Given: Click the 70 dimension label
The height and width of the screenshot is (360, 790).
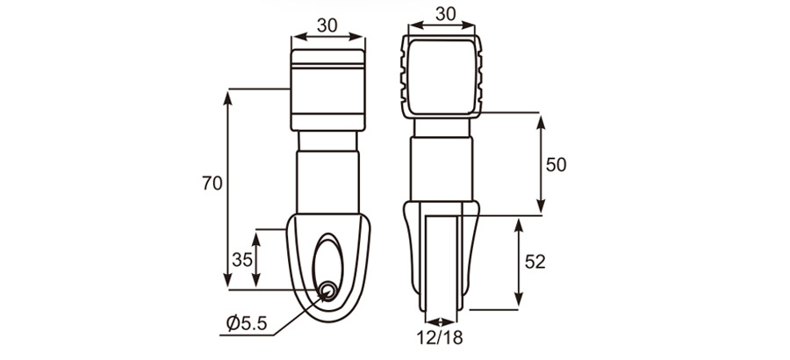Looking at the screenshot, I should (x=212, y=184).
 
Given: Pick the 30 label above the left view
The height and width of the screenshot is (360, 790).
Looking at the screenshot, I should (x=327, y=25).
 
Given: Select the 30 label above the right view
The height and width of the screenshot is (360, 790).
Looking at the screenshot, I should (x=446, y=15).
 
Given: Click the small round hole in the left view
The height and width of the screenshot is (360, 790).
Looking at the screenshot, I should (x=328, y=291).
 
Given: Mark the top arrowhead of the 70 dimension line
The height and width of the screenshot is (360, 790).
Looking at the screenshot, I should (x=229, y=94).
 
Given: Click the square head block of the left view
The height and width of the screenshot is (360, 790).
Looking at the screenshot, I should (x=327, y=88).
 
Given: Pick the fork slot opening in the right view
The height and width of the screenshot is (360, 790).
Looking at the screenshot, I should (x=442, y=263).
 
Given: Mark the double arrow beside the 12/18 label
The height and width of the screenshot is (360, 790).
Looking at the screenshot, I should (x=442, y=320).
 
